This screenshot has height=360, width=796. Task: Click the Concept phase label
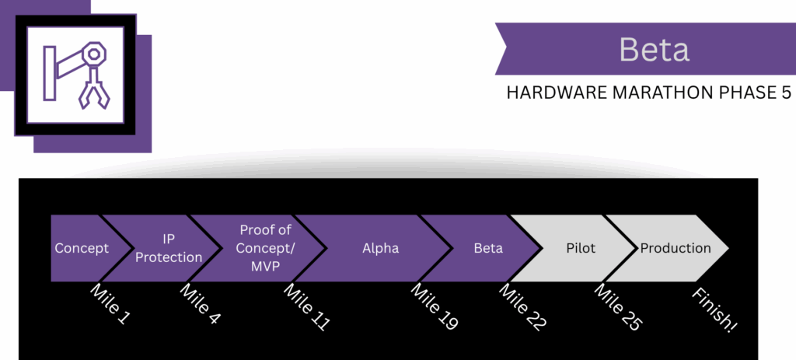(x=81, y=249)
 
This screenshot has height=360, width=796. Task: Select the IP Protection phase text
(x=169, y=248)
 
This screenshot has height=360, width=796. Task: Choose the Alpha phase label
(x=380, y=249)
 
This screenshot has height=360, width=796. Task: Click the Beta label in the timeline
(x=488, y=249)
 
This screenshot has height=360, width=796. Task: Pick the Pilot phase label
(x=580, y=249)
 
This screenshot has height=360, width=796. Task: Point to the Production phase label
(x=675, y=249)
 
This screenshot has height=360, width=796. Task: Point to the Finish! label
(x=714, y=309)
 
